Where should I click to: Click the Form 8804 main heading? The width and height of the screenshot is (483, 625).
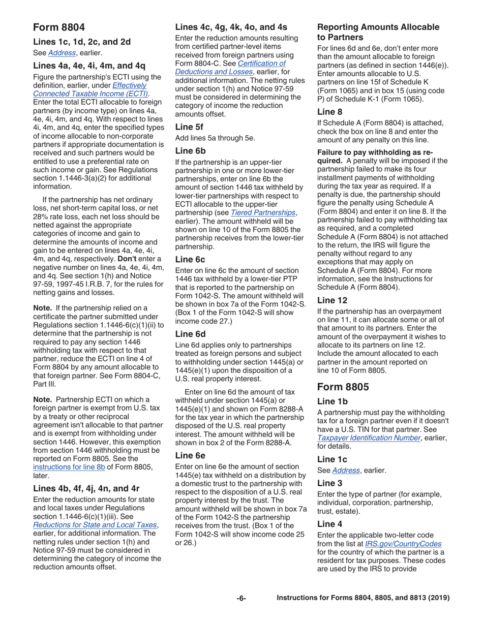tap(59, 27)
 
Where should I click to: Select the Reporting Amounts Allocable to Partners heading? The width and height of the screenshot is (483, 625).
tap(379, 32)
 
